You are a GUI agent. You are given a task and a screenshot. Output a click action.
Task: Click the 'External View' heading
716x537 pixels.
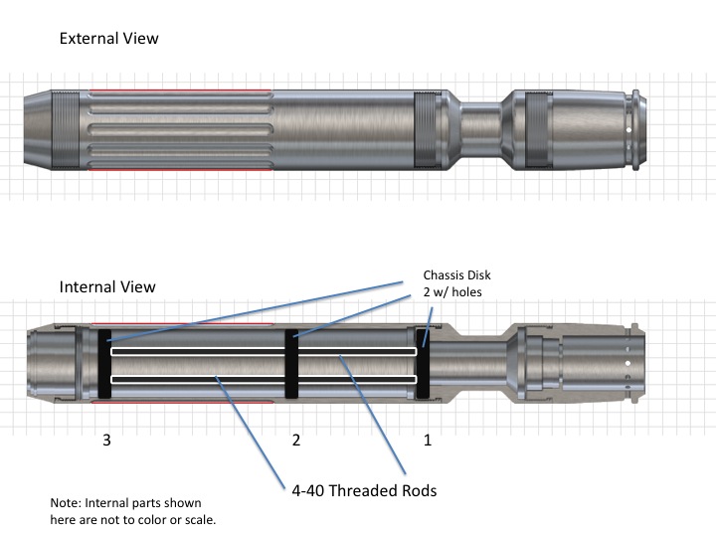coord(109,39)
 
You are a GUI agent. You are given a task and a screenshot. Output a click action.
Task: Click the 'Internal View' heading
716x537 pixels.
coord(107,286)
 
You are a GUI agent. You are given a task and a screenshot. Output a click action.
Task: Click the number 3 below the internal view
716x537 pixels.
coord(106,440)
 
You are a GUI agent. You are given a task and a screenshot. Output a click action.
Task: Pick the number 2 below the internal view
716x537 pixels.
coord(295,440)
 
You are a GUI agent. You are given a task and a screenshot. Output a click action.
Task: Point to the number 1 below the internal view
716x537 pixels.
coord(428,440)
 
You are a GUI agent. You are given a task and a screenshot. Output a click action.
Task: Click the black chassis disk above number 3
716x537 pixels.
coord(102,364)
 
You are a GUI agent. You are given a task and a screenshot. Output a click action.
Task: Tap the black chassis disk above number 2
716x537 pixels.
coord(292,364)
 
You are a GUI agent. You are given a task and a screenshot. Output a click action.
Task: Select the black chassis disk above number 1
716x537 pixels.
coord(423,364)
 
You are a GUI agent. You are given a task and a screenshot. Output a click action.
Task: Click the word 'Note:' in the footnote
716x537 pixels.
coord(67,504)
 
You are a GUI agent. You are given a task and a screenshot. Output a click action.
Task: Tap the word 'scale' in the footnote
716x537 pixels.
coord(196,520)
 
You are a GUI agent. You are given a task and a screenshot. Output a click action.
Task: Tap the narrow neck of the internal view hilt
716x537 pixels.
coord(482,364)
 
